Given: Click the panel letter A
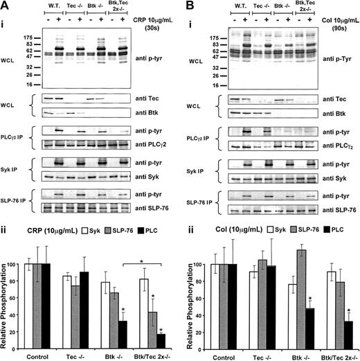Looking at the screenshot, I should [x=6, y=6].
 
